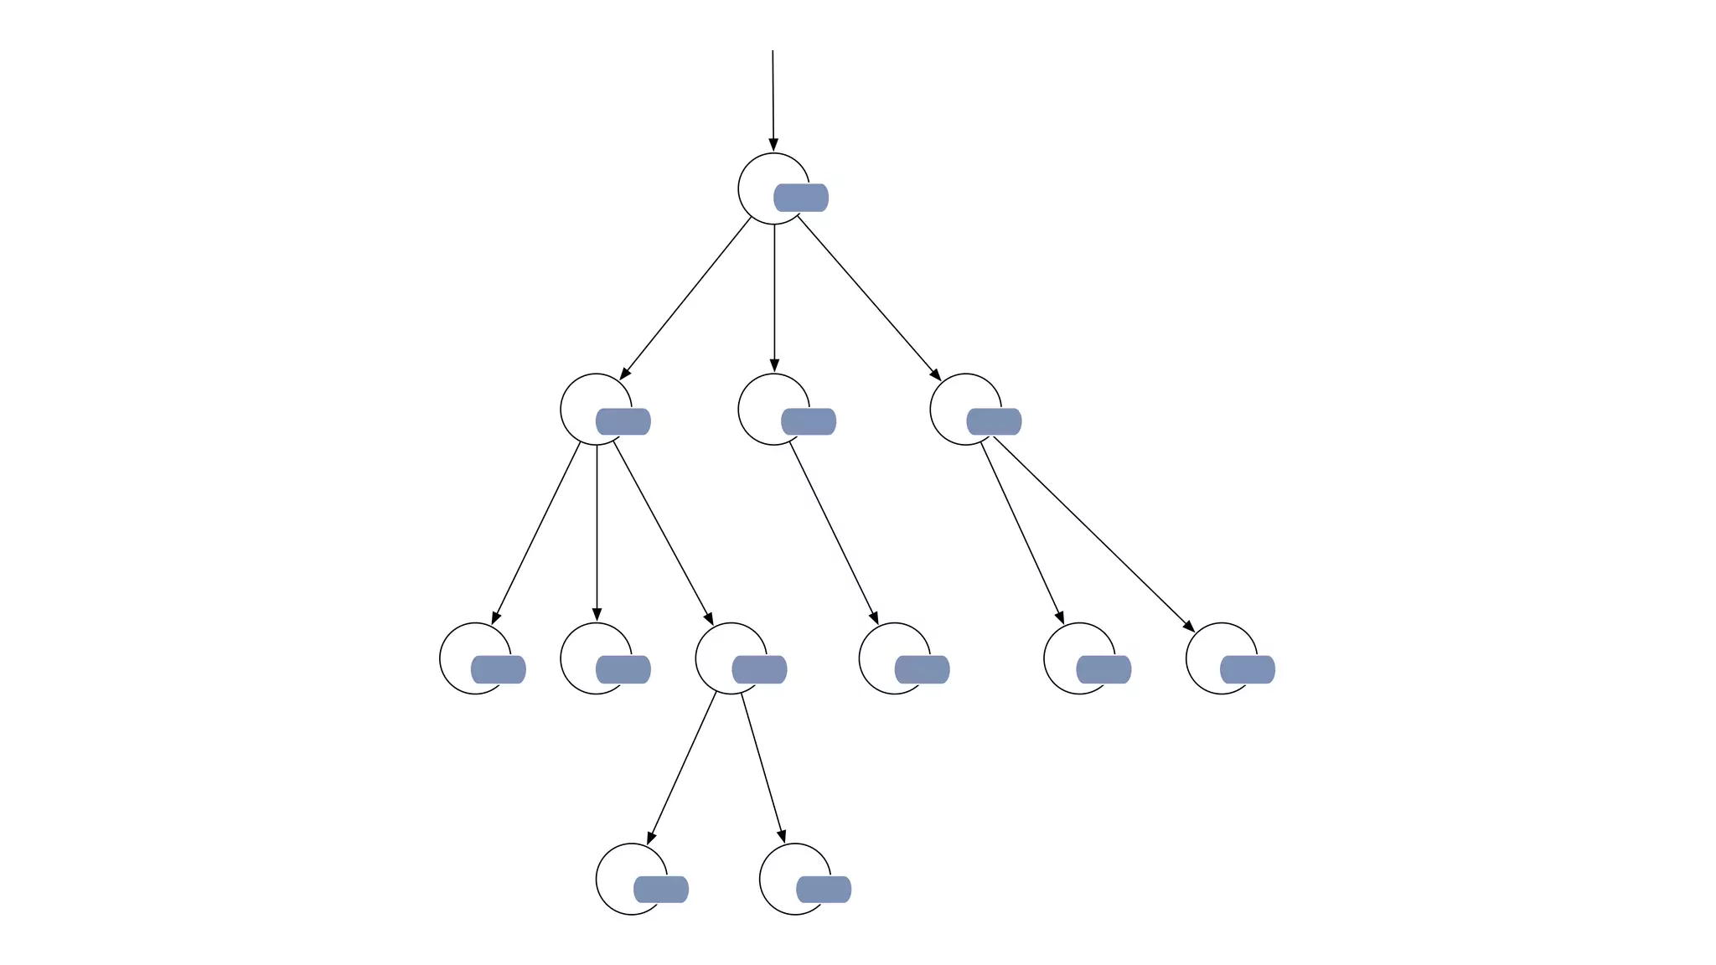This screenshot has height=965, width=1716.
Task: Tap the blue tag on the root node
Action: [x=801, y=198]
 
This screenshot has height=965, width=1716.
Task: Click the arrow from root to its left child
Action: [x=686, y=297]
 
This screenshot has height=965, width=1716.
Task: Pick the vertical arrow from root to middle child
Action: [x=774, y=297]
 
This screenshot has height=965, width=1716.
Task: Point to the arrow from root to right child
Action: [x=868, y=297]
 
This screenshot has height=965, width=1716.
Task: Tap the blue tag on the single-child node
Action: [x=809, y=421]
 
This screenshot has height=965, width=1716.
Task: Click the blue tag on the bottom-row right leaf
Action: [x=824, y=890]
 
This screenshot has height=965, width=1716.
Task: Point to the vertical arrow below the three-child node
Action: [x=597, y=532]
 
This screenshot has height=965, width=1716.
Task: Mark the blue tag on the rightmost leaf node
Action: [x=1248, y=670]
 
